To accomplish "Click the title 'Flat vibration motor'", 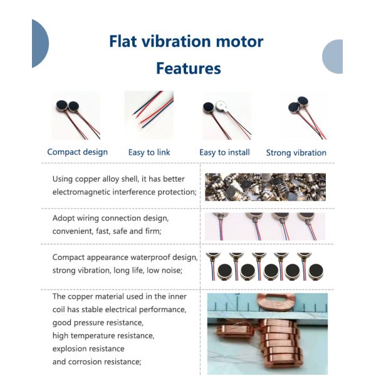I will click(x=186, y=42).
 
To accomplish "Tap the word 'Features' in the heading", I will click(x=188, y=68).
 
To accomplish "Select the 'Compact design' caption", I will click(x=78, y=152).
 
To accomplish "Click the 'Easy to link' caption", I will click(x=150, y=152).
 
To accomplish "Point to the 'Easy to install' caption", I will click(x=224, y=152).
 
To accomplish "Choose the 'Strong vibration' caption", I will click(x=296, y=152).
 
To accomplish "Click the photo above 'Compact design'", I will click(x=75, y=115).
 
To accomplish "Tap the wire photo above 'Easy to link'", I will click(x=149, y=115).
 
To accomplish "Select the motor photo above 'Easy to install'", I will click(x=226, y=115).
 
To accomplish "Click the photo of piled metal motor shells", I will click(x=265, y=187).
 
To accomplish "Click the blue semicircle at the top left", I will click(x=39, y=43).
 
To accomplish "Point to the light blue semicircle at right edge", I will click(x=333, y=56).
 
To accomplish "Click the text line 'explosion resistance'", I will click(x=88, y=348).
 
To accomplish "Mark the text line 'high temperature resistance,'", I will click(x=103, y=335).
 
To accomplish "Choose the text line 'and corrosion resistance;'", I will click(x=97, y=361).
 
